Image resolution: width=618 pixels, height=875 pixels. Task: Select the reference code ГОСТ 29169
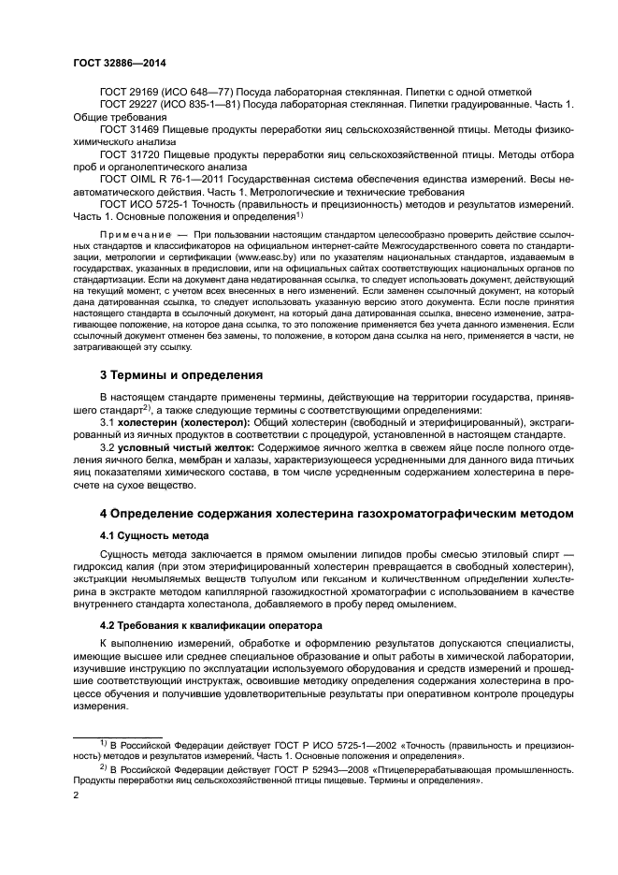[131, 92]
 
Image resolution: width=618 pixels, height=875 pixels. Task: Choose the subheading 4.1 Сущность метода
[154, 534]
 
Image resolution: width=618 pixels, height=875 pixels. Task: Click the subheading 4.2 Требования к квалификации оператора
[210, 625]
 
